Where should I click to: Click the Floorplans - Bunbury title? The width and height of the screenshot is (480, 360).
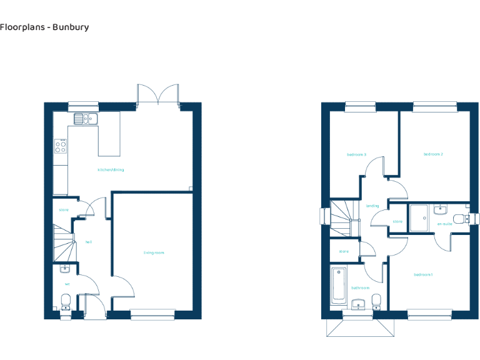[44, 27]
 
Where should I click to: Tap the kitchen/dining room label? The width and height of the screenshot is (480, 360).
[110, 169]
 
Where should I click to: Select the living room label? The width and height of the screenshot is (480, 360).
[153, 252]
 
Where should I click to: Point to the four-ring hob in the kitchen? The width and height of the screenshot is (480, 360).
[61, 146]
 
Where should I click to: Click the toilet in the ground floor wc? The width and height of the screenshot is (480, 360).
[65, 303]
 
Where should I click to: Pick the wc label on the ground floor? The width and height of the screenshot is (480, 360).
[67, 284]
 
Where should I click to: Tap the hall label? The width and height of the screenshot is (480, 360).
[89, 241]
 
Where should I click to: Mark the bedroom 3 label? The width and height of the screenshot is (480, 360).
[356, 154]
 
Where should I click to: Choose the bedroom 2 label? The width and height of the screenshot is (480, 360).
[433, 154]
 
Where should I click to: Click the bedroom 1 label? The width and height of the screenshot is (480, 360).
[423, 274]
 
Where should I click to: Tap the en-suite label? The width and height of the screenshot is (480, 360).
[444, 223]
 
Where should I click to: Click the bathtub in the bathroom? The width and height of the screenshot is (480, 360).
[337, 285]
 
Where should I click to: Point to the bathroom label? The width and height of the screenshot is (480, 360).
[360, 288]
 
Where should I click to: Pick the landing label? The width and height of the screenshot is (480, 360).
[372, 206]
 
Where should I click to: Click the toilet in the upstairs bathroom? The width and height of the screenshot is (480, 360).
[376, 303]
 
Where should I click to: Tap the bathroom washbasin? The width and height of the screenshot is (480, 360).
[357, 304]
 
